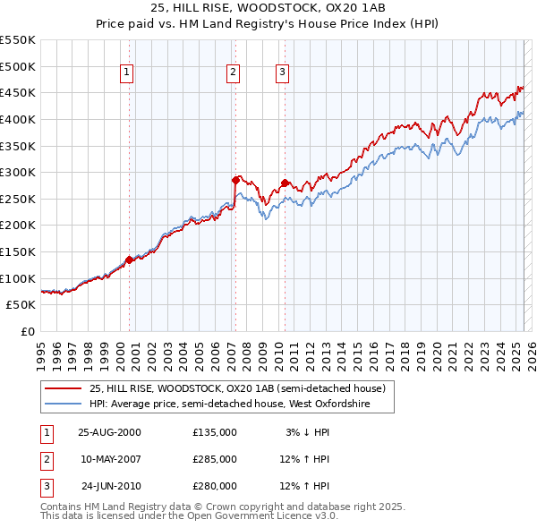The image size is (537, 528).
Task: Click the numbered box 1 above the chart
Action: tap(126, 73)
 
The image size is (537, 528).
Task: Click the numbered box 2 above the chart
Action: tap(233, 73)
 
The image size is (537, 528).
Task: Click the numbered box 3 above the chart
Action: tap(282, 73)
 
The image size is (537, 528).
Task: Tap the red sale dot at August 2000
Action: tap(129, 260)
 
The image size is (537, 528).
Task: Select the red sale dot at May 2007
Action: tap(235, 180)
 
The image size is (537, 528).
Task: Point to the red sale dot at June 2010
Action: tap(285, 183)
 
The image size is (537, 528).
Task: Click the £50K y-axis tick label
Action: tap(21, 305)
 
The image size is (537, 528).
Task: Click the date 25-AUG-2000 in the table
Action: tap(109, 432)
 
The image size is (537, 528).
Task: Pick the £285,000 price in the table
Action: tap(215, 459)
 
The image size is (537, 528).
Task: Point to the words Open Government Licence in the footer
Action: tap(262, 516)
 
